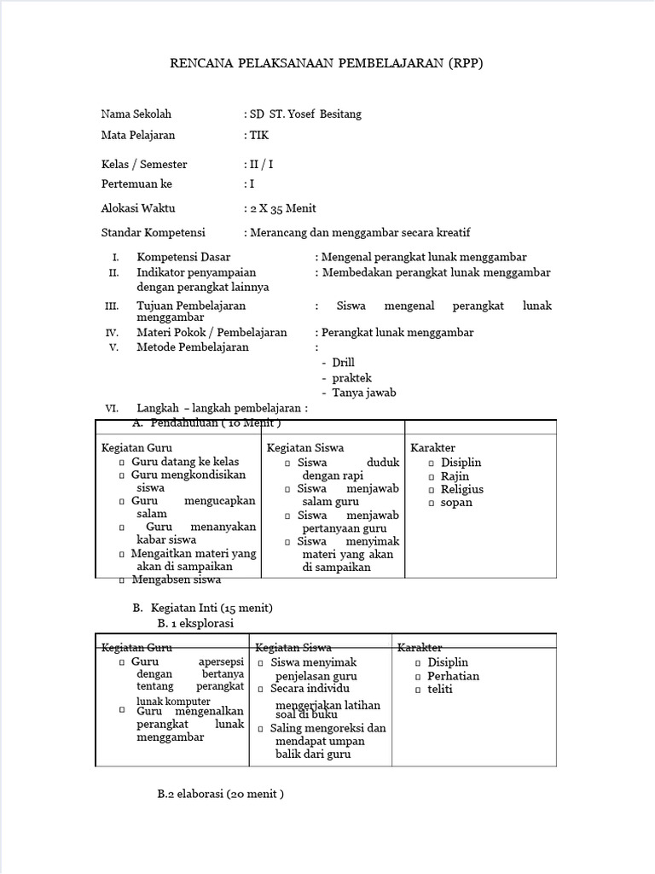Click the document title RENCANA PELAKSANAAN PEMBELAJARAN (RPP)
click(x=327, y=63)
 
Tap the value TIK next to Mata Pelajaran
click(x=258, y=135)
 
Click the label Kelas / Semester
click(x=144, y=164)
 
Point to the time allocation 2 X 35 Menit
click(x=282, y=208)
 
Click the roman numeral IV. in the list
click(x=112, y=333)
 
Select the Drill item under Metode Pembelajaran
click(x=343, y=363)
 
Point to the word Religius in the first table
click(x=461, y=489)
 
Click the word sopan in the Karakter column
click(x=456, y=502)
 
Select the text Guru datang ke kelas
click(x=185, y=462)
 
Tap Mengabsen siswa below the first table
click(x=177, y=580)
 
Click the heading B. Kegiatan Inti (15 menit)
click(x=202, y=608)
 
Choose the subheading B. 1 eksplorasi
click(x=195, y=623)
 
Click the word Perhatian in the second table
click(x=453, y=676)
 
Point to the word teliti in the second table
click(x=440, y=689)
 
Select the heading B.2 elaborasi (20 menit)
click(x=220, y=794)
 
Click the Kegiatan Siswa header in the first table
click(x=299, y=448)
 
